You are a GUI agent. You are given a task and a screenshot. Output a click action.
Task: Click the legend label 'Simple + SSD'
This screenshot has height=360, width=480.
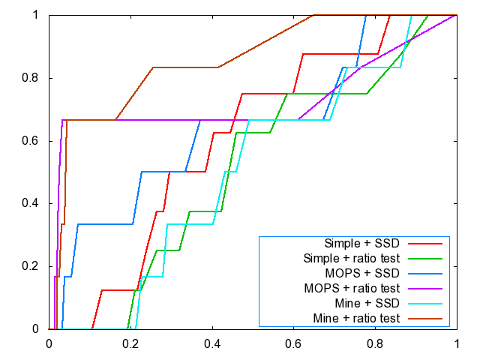coord(361,243)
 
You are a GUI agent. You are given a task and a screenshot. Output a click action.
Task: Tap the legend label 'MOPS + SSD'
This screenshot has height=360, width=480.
coord(363,274)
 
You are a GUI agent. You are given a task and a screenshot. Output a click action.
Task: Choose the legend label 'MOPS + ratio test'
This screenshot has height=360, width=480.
coord(349,289)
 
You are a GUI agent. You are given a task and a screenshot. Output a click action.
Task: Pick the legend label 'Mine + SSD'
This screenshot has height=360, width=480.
coord(366,304)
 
